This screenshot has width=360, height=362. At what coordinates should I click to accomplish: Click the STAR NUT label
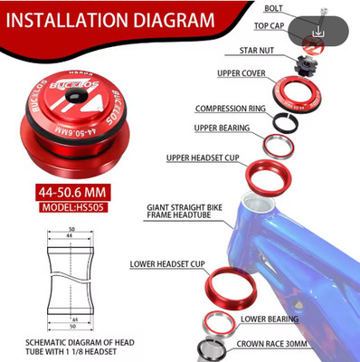[257, 51]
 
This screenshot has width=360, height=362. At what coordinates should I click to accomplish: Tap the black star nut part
[305, 64]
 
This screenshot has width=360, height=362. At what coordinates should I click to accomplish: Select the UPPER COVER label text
[242, 73]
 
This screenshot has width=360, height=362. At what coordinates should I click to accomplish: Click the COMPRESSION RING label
[231, 109]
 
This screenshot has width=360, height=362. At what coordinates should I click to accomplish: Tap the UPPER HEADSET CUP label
[203, 157]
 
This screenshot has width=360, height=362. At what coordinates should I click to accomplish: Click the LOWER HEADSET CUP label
[167, 264]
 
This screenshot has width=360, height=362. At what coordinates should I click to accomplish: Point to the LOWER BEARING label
[270, 319]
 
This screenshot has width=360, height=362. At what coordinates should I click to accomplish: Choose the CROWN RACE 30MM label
[271, 344]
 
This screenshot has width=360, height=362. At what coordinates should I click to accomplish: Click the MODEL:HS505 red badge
[73, 207]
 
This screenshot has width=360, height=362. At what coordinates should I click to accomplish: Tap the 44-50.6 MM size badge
[72, 192]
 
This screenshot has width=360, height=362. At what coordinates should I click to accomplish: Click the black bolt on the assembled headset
[75, 96]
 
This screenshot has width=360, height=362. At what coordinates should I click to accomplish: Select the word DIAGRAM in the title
[174, 20]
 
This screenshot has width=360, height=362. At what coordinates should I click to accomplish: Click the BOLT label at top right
[273, 8]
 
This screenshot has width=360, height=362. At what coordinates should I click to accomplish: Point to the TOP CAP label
[269, 26]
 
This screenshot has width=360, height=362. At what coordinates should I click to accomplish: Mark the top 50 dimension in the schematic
[71, 229]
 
